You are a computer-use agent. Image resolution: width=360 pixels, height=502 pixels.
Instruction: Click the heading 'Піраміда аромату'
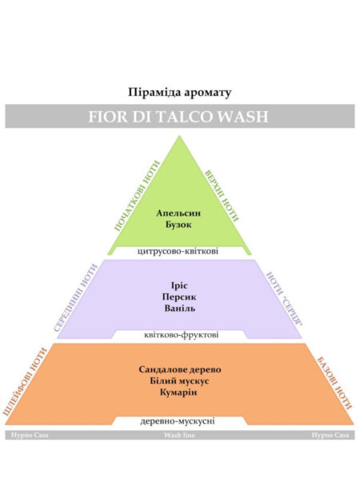(x=179, y=92)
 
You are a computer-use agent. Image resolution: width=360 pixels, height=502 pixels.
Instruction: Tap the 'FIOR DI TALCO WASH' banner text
(x=178, y=117)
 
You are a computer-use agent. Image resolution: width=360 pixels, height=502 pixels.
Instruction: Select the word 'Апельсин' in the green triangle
(x=178, y=213)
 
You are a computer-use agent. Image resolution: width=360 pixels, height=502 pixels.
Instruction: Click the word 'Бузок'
(x=178, y=225)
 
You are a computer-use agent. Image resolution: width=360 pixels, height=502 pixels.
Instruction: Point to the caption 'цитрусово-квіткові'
(x=178, y=251)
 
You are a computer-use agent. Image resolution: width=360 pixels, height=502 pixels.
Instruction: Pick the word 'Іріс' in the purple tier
(x=179, y=285)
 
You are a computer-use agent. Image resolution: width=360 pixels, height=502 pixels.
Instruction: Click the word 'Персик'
(x=179, y=297)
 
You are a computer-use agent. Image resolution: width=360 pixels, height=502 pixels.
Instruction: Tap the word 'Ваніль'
(x=179, y=309)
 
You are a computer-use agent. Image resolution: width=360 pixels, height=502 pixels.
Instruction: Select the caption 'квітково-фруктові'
(x=182, y=335)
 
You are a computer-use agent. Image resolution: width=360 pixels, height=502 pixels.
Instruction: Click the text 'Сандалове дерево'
(x=180, y=369)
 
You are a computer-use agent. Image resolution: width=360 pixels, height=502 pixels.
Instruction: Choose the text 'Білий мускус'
(x=179, y=381)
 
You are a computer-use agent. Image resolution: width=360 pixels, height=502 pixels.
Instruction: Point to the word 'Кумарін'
(x=178, y=392)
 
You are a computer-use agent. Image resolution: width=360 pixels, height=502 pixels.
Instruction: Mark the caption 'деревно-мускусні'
(x=178, y=421)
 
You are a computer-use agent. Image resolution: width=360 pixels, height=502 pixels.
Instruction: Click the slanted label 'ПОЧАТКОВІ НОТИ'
(x=137, y=196)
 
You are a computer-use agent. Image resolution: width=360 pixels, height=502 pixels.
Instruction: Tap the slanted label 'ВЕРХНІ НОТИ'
(x=222, y=196)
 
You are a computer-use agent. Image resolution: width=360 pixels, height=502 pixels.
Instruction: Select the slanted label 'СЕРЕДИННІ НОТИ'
(x=75, y=297)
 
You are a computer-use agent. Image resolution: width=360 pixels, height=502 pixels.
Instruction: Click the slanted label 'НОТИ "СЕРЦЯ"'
(x=285, y=299)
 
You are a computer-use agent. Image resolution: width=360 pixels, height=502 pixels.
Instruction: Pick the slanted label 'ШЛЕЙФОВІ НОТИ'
(x=25, y=381)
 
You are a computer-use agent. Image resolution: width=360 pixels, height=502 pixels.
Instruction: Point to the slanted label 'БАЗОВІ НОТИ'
(x=334, y=383)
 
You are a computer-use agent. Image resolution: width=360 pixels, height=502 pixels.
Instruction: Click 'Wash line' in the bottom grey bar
(x=179, y=435)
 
